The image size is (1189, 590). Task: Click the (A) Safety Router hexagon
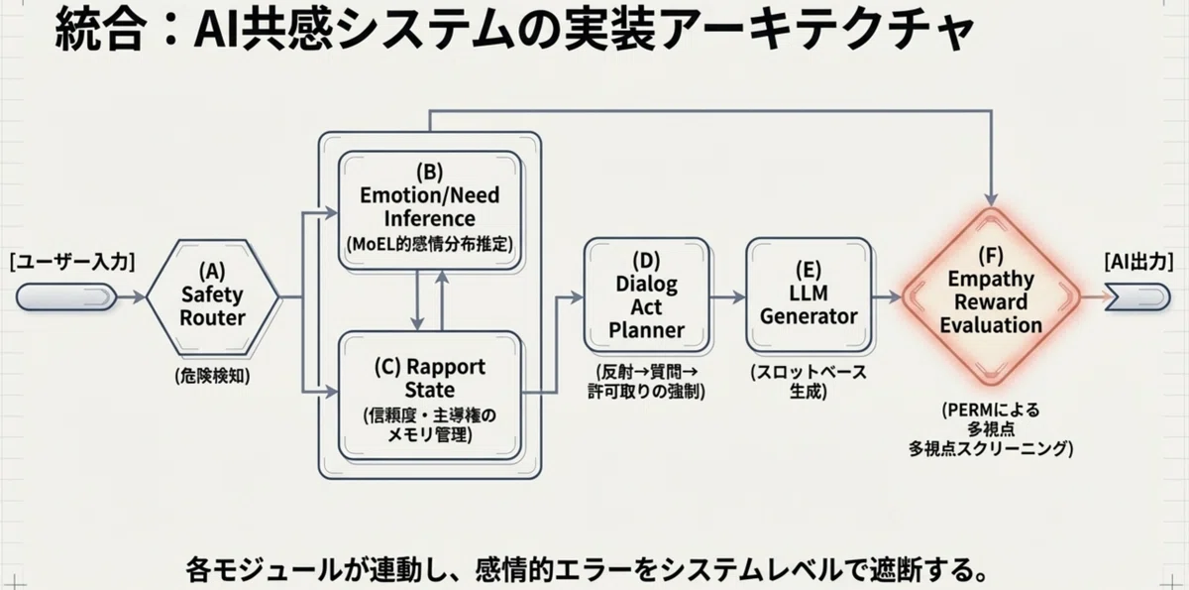(x=212, y=297)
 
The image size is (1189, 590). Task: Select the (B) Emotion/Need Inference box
(x=429, y=210)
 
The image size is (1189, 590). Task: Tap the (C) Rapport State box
(x=429, y=396)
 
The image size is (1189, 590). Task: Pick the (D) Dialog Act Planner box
(x=646, y=295)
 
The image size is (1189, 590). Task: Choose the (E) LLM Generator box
(x=809, y=295)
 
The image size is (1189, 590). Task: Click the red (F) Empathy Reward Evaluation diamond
(x=991, y=296)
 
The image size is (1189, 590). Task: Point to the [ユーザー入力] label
(x=72, y=262)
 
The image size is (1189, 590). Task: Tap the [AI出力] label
(x=1138, y=261)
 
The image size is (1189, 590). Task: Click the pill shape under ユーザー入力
(x=66, y=296)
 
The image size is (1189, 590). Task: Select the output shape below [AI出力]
(x=1137, y=296)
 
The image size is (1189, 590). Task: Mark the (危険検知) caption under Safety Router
(x=212, y=376)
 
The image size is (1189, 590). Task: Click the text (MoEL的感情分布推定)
(x=429, y=244)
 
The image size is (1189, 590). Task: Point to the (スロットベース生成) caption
(x=809, y=382)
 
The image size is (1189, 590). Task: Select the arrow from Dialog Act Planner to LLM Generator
(x=727, y=296)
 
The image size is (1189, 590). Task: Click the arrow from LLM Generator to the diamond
(x=887, y=296)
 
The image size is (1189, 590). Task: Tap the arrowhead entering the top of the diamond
(x=991, y=199)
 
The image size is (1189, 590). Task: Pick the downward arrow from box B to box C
(x=417, y=300)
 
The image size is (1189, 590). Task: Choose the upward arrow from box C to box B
(x=442, y=300)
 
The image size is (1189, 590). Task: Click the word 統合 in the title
(x=99, y=29)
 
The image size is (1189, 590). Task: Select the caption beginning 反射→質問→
(x=646, y=382)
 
